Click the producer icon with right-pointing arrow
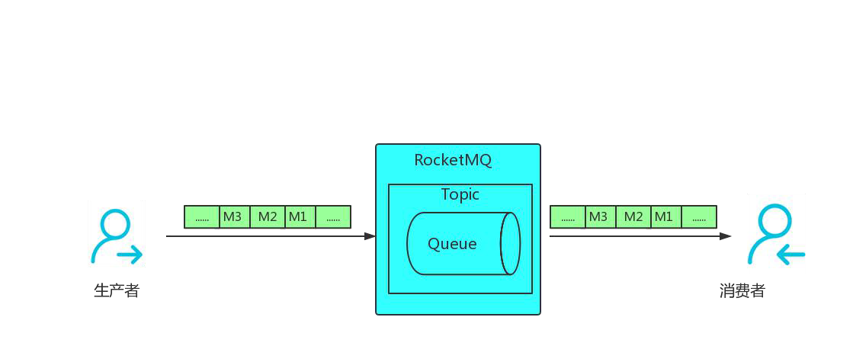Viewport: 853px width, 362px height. tap(117, 234)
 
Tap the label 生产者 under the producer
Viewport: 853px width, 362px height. tap(117, 290)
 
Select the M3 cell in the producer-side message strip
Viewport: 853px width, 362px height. tap(232, 217)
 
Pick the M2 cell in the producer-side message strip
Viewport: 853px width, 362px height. tap(268, 217)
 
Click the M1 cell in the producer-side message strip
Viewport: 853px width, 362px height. tap(297, 217)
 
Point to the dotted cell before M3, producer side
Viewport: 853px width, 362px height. tap(202, 217)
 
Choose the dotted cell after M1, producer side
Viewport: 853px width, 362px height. tap(333, 217)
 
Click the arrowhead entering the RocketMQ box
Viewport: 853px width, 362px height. tap(370, 236)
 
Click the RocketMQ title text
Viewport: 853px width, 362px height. tap(453, 160)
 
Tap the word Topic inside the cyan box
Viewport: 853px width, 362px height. tap(460, 194)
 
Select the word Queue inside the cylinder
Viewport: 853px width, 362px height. tap(452, 244)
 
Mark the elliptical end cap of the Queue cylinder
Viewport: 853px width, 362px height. tap(510, 243)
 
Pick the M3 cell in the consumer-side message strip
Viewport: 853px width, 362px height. tap(598, 217)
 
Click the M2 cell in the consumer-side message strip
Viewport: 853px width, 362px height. tap(633, 217)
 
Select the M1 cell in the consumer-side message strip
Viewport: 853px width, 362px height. tap(663, 217)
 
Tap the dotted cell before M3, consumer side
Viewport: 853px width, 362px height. tap(568, 217)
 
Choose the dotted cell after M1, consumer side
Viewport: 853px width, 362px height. tap(699, 217)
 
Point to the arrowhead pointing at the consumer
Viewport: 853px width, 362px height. tap(726, 236)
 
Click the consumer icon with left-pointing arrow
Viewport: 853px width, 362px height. tap(776, 234)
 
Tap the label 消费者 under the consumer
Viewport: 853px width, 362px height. tap(742, 290)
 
